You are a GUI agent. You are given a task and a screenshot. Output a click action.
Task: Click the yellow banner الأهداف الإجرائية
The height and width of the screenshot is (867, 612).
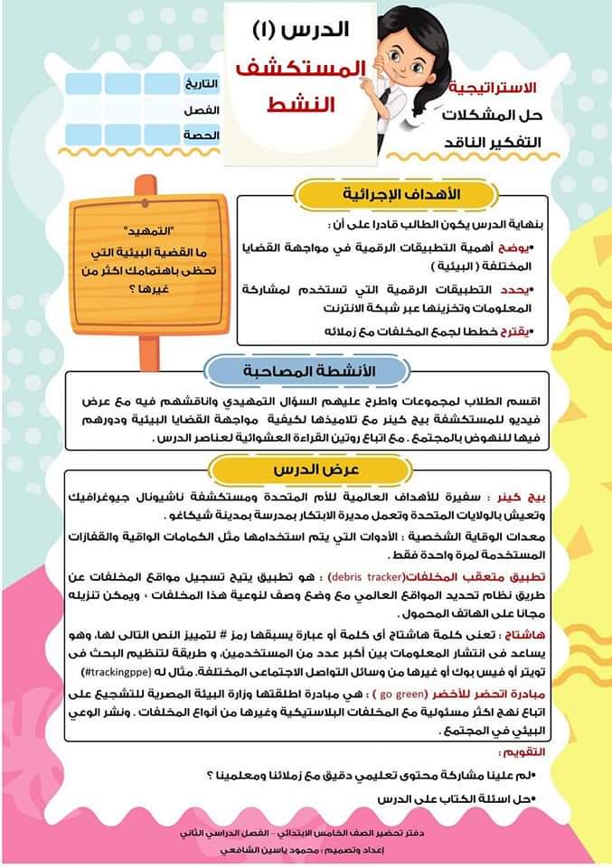397,194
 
